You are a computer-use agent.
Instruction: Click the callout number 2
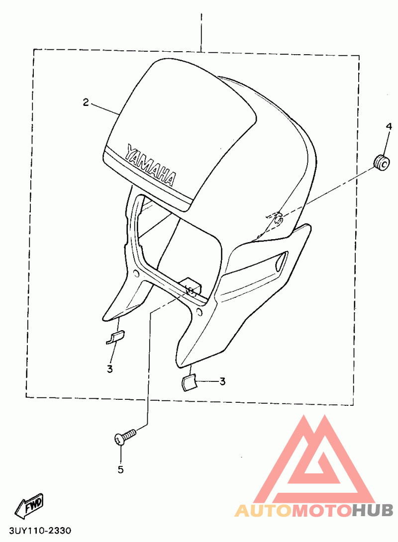pyautogui.click(x=86, y=102)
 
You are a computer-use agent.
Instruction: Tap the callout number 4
pyautogui.click(x=389, y=127)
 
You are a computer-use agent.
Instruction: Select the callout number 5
pyautogui.click(x=120, y=469)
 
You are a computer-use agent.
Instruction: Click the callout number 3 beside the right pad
pyautogui.click(x=222, y=381)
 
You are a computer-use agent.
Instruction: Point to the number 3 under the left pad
pyautogui.click(x=110, y=369)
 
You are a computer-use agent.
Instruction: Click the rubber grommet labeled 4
pyautogui.click(x=382, y=162)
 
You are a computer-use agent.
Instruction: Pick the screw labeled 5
pyautogui.click(x=125, y=437)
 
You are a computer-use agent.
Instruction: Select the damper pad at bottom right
pyautogui.click(x=189, y=382)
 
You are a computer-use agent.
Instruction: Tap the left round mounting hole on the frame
pyautogui.click(x=136, y=273)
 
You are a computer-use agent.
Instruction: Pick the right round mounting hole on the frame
pyautogui.click(x=199, y=312)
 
